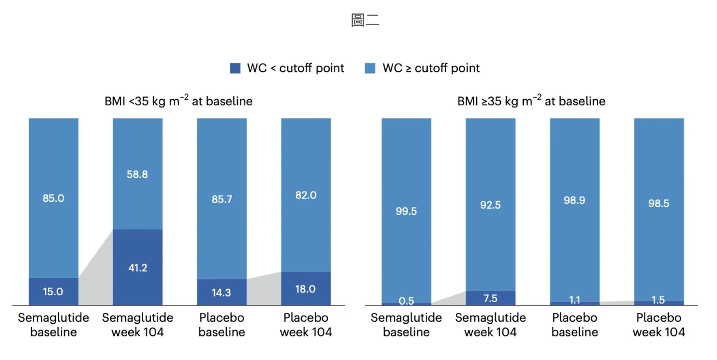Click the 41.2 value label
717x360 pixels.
(x=138, y=268)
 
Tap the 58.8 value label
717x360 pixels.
(x=137, y=175)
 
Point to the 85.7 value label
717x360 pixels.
(x=222, y=199)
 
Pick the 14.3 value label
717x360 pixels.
(x=221, y=292)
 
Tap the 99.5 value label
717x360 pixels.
(x=406, y=211)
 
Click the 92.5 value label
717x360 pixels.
(x=490, y=205)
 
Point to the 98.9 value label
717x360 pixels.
(x=574, y=200)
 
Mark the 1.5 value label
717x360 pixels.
(x=658, y=300)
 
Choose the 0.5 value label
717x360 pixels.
(x=406, y=301)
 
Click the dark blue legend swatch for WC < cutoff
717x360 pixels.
(x=235, y=68)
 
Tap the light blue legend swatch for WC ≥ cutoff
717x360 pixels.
(x=370, y=68)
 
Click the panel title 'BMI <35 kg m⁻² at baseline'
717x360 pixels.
(x=179, y=101)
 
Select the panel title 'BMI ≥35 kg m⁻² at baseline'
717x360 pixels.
(x=531, y=101)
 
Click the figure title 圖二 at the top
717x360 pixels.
(x=365, y=20)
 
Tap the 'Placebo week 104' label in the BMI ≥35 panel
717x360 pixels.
(x=658, y=325)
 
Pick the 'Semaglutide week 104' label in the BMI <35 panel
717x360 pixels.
(x=138, y=325)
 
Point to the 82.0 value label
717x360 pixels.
(x=306, y=195)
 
